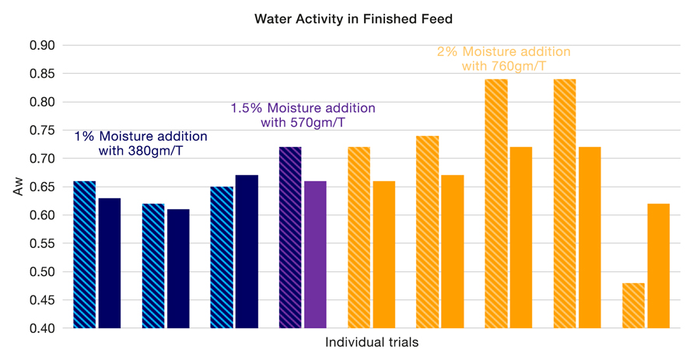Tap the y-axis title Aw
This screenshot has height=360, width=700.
19,187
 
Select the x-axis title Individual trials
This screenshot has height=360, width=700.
372,343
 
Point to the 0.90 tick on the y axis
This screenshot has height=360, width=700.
42,45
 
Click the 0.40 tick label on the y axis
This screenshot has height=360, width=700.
42,328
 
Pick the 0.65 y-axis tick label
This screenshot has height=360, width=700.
42,187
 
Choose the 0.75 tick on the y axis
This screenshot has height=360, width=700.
42,130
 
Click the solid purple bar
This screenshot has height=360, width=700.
315,254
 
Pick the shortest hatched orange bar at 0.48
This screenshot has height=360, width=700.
633,305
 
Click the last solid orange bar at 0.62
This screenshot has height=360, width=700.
658,266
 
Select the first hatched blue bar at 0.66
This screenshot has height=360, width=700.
84,254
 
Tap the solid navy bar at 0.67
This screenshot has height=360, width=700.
247,251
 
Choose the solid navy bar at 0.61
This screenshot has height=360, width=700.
178,268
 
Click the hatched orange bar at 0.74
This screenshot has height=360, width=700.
427,232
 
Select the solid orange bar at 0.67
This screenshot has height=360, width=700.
452,251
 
